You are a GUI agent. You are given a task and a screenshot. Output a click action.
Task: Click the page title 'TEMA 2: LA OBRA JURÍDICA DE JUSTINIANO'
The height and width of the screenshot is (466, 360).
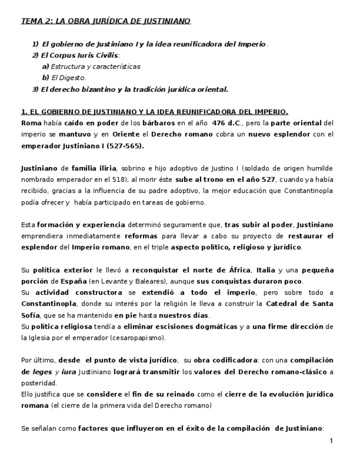click(106, 21)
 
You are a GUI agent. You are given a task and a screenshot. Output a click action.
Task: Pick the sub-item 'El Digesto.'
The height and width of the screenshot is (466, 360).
click(72, 77)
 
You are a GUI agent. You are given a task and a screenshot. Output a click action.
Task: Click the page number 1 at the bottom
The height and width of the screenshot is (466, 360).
click(331, 441)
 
